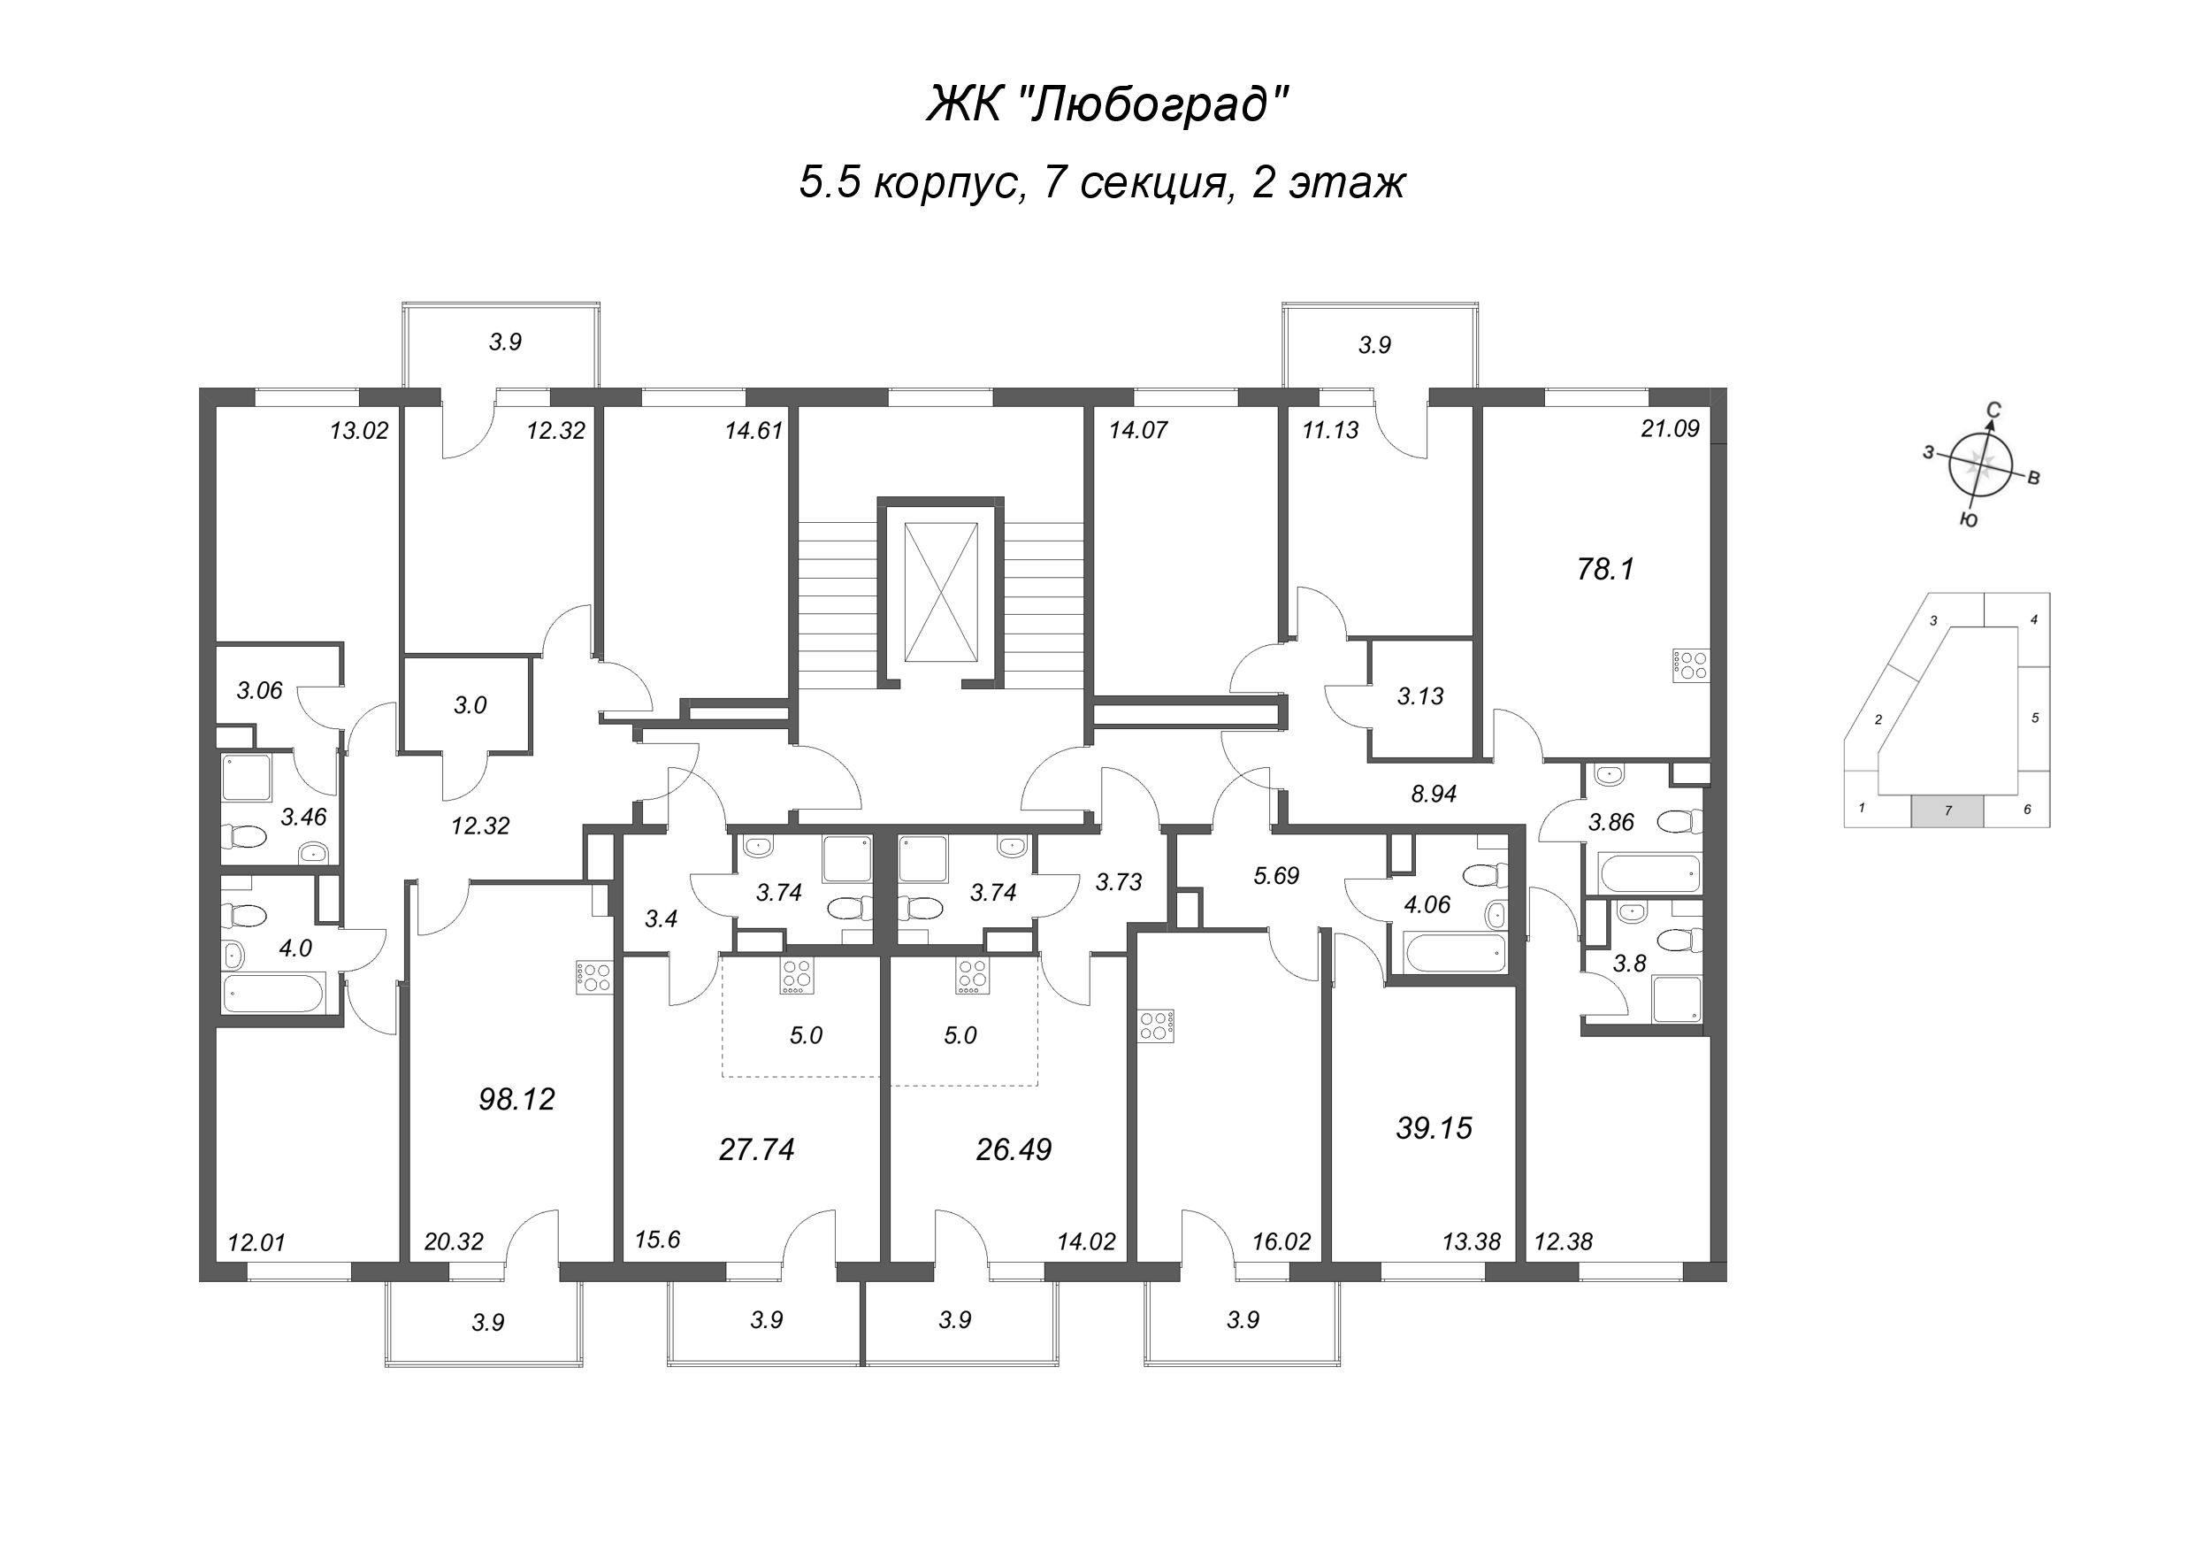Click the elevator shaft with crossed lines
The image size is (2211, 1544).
(941, 592)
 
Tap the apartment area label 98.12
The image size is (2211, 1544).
(517, 1099)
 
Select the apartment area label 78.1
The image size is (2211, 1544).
(1605, 570)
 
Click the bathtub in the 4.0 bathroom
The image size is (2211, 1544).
(272, 993)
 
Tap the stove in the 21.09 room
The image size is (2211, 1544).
(1692, 665)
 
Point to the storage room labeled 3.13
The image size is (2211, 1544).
(1420, 696)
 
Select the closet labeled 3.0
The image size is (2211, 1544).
(470, 705)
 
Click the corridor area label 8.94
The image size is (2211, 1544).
(1433, 794)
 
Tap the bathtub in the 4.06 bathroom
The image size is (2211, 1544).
(1453, 955)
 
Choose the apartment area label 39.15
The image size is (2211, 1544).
(1434, 1128)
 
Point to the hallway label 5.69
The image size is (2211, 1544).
(1276, 876)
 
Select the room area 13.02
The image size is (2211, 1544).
(358, 431)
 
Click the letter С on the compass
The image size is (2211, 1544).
(1994, 411)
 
